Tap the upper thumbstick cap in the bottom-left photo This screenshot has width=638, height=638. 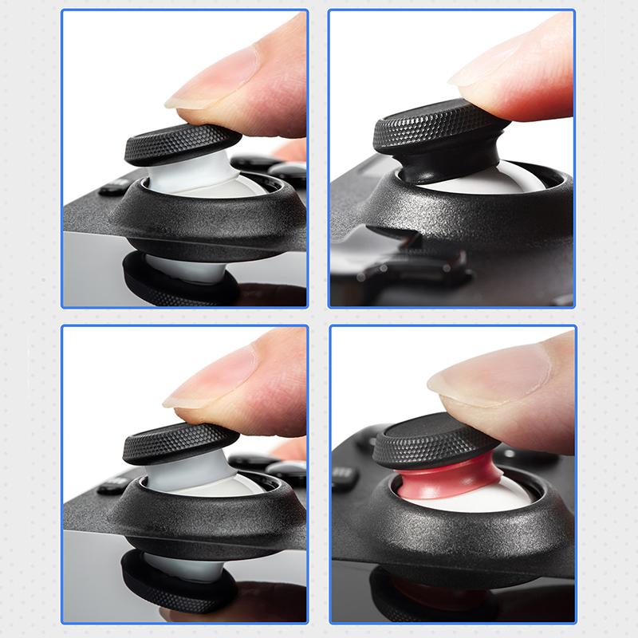click(180, 443)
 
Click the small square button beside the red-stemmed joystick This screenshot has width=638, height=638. click(344, 477)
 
